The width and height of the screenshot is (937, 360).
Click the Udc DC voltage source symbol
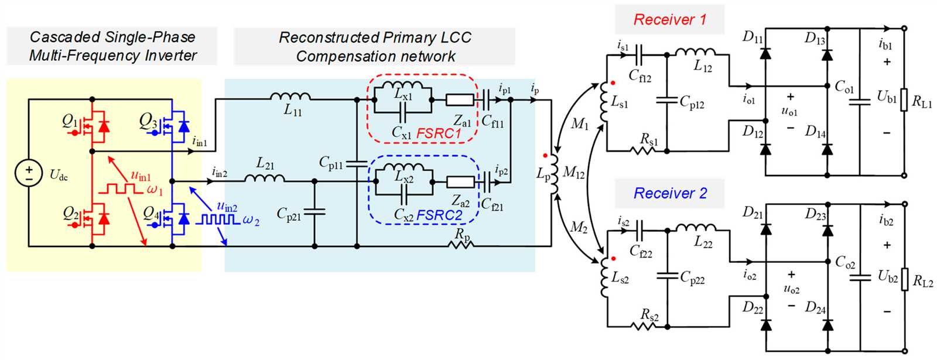pos(28,173)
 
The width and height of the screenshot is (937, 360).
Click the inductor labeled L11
pos(291,97)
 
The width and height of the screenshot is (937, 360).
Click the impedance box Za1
pos(460,100)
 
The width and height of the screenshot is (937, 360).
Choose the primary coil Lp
pos(551,174)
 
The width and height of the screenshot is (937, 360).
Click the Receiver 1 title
pos(669,19)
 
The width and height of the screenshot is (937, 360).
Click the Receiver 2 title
pos(670,193)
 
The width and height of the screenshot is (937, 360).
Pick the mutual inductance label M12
pos(573,173)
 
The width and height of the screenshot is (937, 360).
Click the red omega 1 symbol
pos(155,190)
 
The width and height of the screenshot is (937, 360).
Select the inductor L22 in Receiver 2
pos(696,229)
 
